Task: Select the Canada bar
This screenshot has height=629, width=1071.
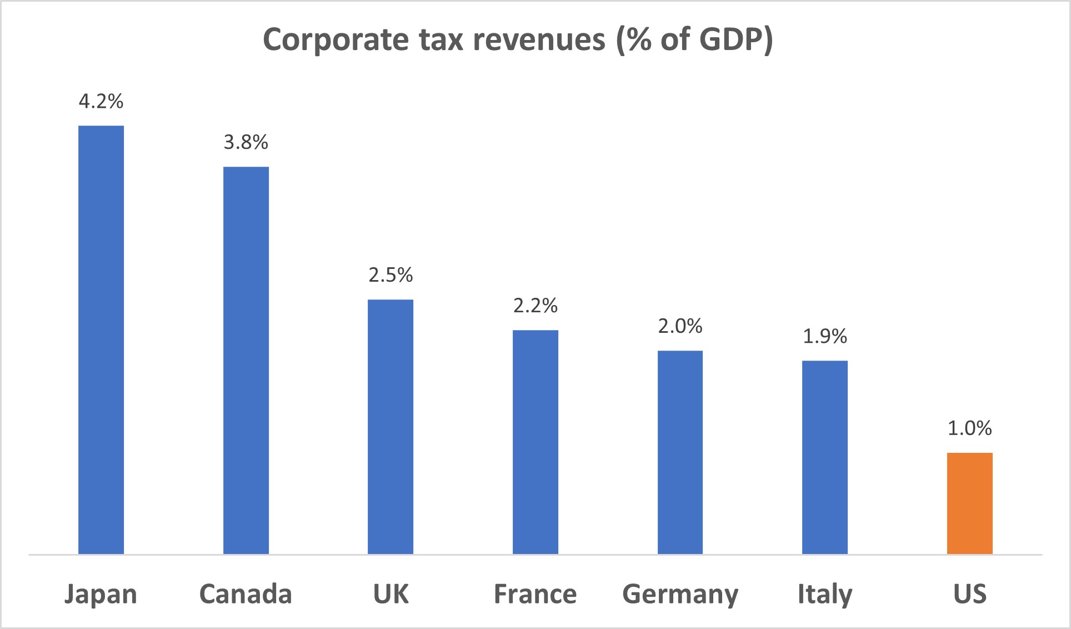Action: (246, 360)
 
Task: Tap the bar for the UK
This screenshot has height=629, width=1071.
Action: (391, 426)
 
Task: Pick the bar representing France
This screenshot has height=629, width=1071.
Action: (535, 442)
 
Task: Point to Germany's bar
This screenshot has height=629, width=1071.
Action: (680, 452)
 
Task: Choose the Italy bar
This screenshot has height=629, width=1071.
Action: (825, 457)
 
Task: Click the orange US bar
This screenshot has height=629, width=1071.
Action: (969, 503)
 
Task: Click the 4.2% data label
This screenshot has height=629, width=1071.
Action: (101, 101)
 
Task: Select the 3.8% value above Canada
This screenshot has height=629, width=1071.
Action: (246, 142)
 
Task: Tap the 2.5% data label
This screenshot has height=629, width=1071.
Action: (391, 275)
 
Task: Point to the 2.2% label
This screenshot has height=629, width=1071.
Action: (535, 306)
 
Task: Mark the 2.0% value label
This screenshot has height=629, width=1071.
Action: (680, 326)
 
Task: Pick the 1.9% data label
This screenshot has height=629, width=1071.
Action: (825, 336)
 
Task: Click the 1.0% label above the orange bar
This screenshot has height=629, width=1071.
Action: (969, 428)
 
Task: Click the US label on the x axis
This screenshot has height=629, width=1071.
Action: (969, 593)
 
